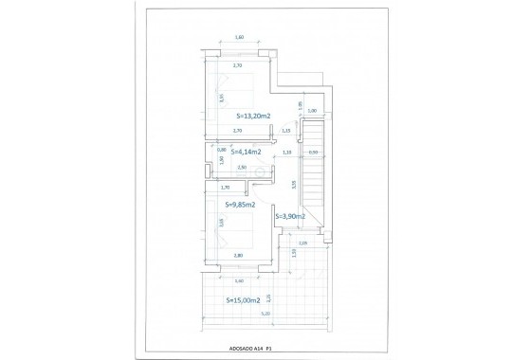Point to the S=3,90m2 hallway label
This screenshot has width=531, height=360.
(x=290, y=216)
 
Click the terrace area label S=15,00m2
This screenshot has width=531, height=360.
(x=244, y=301)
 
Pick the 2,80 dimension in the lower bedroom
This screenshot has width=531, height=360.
(x=239, y=256)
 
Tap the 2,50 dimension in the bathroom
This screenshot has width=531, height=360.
(x=242, y=168)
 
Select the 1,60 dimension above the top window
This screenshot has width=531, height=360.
(x=239, y=37)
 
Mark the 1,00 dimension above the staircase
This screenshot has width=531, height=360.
(x=312, y=111)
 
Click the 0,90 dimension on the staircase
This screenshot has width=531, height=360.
(x=313, y=152)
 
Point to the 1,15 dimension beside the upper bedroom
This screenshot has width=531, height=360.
(x=285, y=131)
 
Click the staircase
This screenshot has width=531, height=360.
(x=315, y=180)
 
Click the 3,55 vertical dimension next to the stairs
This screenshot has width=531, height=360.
(x=295, y=185)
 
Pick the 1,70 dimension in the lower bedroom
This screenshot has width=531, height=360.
(x=225, y=188)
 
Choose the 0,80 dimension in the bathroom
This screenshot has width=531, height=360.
(x=222, y=148)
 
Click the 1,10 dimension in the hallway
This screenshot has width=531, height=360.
(x=287, y=152)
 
